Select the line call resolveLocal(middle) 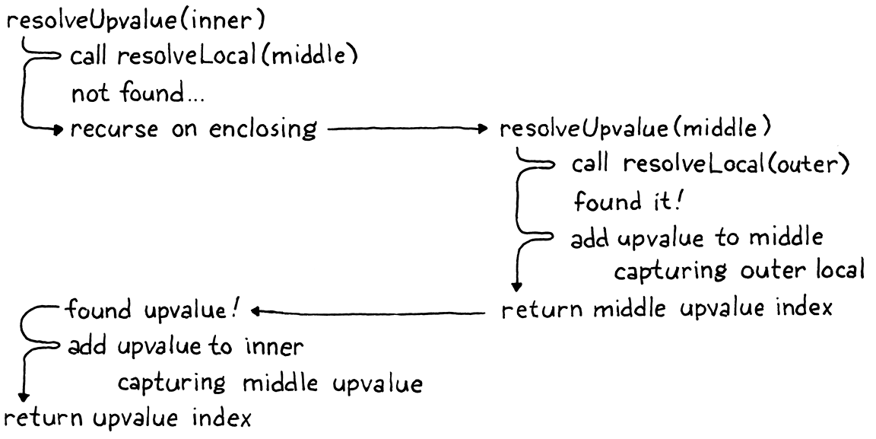214,57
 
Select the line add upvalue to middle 696,237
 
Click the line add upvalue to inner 186,347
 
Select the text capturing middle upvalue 270,383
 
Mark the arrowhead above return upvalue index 23,396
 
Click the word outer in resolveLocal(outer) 811,165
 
